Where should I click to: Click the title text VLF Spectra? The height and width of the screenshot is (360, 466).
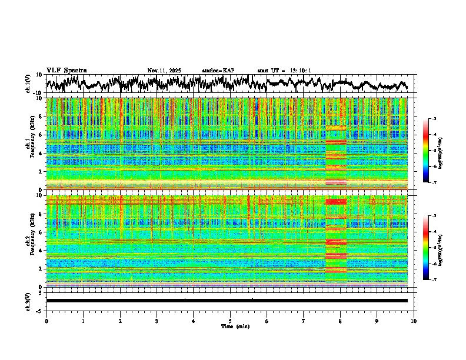click(x=66, y=71)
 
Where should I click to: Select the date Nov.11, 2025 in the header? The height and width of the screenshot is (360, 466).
click(x=164, y=71)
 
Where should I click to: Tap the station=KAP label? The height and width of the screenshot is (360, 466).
click(x=218, y=71)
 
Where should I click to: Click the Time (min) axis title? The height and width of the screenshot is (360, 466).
click(x=230, y=326)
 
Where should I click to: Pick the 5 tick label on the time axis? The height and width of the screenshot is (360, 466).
click(x=230, y=321)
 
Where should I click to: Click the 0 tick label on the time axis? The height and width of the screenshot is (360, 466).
click(x=46, y=321)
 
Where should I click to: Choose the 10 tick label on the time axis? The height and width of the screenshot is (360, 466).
click(x=414, y=321)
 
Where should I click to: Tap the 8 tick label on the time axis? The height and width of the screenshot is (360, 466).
click(x=340, y=321)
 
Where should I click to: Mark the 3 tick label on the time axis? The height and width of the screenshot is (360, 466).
click(x=157, y=321)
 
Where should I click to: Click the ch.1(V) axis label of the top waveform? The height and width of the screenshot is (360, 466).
click(x=28, y=84)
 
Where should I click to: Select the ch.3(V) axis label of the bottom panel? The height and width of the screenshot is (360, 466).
click(x=28, y=301)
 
